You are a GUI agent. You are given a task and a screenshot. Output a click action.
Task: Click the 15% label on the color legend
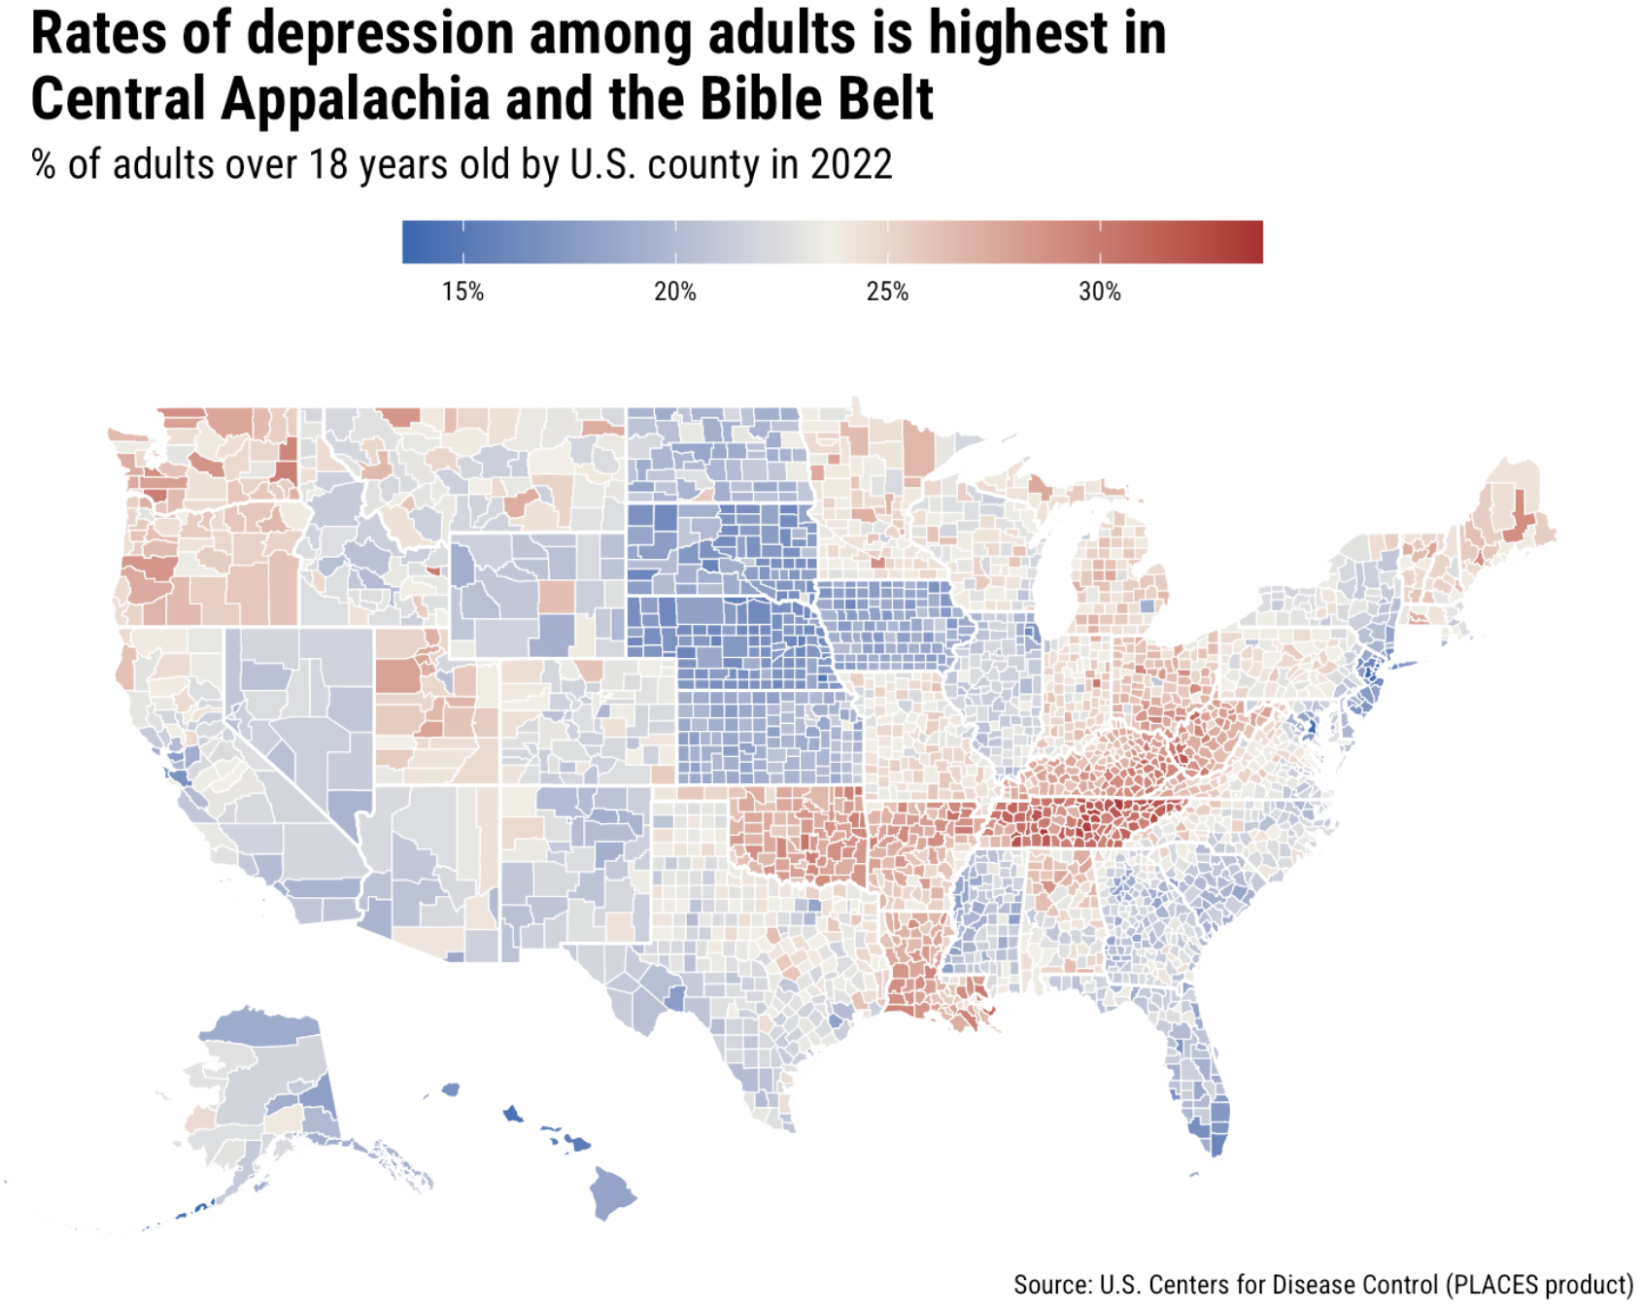(x=462, y=292)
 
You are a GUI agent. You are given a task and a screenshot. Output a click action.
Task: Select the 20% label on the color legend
(x=674, y=292)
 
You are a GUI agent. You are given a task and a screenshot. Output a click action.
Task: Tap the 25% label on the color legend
(x=887, y=292)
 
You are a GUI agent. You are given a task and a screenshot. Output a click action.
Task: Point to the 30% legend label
(x=1099, y=292)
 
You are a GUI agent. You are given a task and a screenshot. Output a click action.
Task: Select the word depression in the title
(x=380, y=33)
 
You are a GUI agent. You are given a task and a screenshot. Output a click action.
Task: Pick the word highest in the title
(x=1017, y=33)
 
